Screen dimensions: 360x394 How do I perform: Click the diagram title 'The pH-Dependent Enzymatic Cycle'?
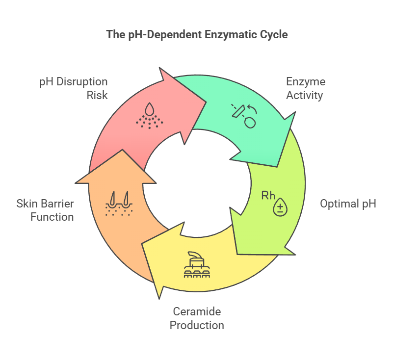click(197, 35)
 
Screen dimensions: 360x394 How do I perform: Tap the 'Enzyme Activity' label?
click(305, 88)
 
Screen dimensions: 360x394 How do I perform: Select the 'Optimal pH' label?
click(348, 204)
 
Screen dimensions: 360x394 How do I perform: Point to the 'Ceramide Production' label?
click(197, 318)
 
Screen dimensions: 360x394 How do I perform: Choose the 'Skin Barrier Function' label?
click(45, 209)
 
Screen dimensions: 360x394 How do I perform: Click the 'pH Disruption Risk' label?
click(73, 88)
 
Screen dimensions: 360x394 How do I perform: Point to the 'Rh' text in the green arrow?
click(268, 195)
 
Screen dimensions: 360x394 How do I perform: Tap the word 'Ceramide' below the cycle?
click(197, 311)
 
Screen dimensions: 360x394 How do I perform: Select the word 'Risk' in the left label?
click(98, 95)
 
